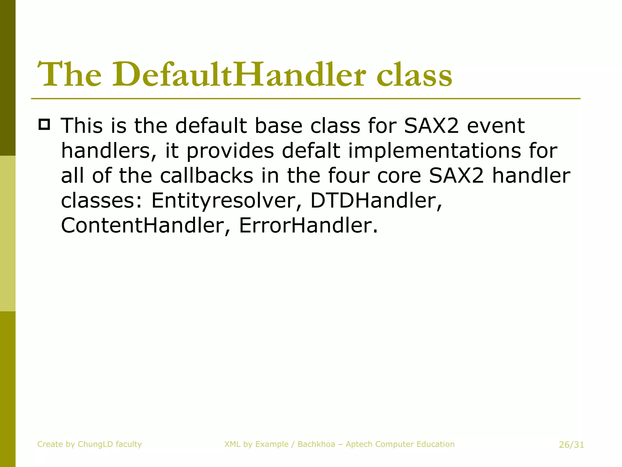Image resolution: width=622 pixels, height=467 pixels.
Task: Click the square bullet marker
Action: click(44, 124)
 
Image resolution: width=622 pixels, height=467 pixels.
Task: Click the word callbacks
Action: click(207, 176)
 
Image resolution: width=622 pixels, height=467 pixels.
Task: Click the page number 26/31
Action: click(571, 445)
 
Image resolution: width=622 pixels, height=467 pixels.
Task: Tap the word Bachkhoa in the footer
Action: click(316, 444)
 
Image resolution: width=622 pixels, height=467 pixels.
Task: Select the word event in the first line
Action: click(496, 126)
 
